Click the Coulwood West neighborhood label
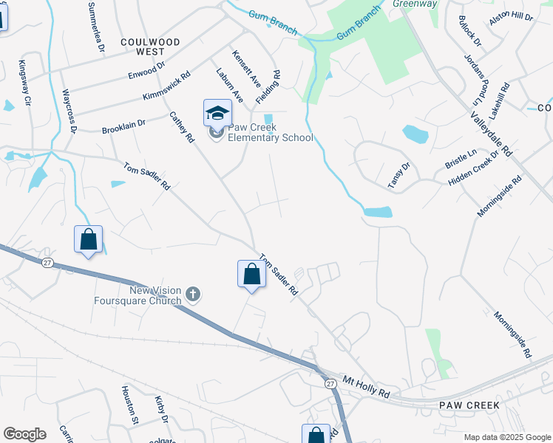pyautogui.click(x=150, y=47)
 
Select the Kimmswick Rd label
pyautogui.click(x=166, y=87)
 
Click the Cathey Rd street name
pyautogui.click(x=182, y=126)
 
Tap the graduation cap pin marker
pyautogui.click(x=217, y=113)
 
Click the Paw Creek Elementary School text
pyautogui.click(x=271, y=132)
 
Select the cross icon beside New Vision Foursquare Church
pyautogui.click(x=192, y=295)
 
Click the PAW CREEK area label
pyautogui.click(x=469, y=405)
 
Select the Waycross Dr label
pyautogui.click(x=69, y=111)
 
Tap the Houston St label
pyautogui.click(x=130, y=405)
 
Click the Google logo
pyautogui.click(x=24, y=434)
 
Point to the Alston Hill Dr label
pyautogui.click(x=512, y=16)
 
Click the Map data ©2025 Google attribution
pyautogui.click(x=506, y=437)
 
